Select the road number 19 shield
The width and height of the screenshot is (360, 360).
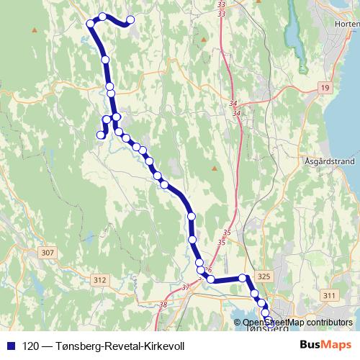tap(325, 86)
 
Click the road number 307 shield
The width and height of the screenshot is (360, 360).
tap(48, 253)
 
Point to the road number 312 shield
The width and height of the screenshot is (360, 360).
tap(99, 280)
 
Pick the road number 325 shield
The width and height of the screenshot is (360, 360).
tap(264, 276)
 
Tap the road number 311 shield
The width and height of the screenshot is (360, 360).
tap(330, 295)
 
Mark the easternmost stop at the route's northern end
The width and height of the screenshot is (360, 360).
tap(130, 20)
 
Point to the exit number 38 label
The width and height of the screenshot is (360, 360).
tap(162, 305)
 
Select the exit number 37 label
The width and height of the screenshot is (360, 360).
tap(186, 288)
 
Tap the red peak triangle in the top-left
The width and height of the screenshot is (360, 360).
tap(34, 30)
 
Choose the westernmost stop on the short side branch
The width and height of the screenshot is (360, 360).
tap(101, 134)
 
